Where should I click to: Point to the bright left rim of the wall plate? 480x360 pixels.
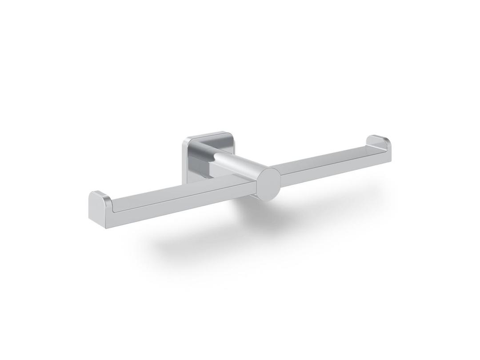coord(185,160)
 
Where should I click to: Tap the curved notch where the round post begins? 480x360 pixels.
coord(216,156)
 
